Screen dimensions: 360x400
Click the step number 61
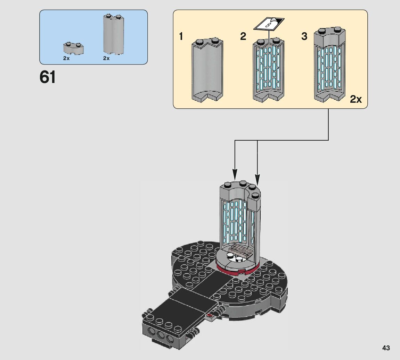coord(48,77)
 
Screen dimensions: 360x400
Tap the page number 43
coord(385,348)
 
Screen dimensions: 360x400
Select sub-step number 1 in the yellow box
coord(181,36)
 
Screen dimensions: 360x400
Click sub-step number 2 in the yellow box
coord(243,36)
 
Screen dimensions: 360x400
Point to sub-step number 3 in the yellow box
coord(304,36)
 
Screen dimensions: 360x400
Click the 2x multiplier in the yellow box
coord(356,100)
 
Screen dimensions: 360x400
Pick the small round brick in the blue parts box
coord(74,48)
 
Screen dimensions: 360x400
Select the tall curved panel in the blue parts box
coord(113,35)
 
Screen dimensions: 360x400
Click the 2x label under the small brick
coord(66,58)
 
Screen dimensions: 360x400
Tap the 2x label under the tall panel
coord(106,58)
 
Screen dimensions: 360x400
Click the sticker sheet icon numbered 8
coord(269,25)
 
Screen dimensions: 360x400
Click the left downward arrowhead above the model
coord(235,174)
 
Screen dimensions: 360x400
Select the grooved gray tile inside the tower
coord(240,249)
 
